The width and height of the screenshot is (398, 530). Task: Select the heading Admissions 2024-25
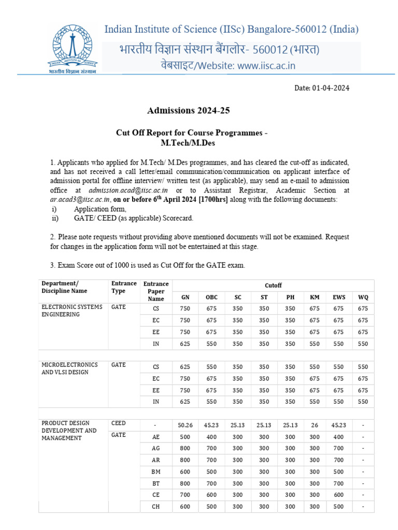pos(189,111)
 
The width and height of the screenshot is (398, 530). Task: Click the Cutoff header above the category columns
pos(273,285)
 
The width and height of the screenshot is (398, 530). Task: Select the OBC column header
pos(211,297)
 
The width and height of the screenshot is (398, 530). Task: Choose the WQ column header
pos(363,297)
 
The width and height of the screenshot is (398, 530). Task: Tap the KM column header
pos(315,297)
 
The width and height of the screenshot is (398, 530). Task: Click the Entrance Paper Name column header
pos(156,291)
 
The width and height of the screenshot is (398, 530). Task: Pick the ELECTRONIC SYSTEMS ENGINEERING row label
pos(72,311)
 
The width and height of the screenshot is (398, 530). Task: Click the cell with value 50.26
pos(185,425)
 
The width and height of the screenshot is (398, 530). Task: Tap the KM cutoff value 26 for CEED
pos(315,425)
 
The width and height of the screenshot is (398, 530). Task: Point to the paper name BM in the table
pos(156,472)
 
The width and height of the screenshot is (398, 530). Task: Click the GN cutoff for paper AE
pos(185,436)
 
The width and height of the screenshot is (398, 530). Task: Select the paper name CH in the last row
pos(156,507)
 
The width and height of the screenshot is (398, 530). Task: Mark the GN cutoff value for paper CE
pos(185,495)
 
